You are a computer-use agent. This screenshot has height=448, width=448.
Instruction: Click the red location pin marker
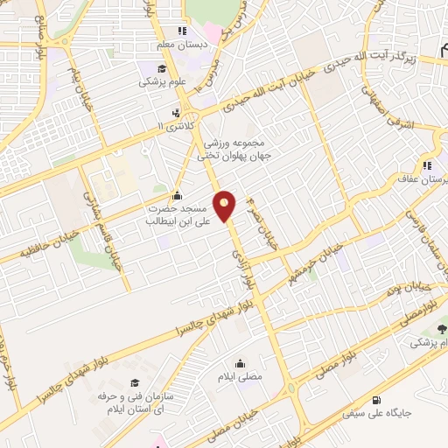(225, 206)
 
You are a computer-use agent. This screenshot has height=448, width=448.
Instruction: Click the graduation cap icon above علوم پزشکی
(162, 69)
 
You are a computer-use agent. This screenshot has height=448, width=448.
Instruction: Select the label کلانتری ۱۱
(171, 127)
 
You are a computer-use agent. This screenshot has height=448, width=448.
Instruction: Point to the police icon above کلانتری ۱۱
(177, 112)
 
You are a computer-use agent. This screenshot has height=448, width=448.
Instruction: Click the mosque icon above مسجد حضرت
(178, 194)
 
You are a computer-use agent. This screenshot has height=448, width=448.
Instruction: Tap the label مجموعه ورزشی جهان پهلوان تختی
(234, 149)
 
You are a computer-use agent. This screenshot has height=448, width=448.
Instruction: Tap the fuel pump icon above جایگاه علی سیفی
(377, 397)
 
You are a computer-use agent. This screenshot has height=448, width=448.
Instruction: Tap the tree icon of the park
(440, 329)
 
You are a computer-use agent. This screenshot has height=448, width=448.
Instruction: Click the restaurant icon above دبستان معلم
(181, 31)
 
